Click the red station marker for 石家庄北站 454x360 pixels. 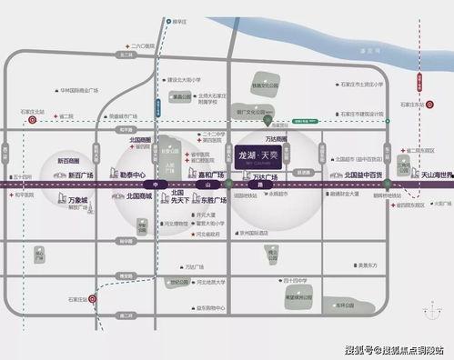coord(33,119)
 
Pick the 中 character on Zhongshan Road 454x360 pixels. coord(156,185)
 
